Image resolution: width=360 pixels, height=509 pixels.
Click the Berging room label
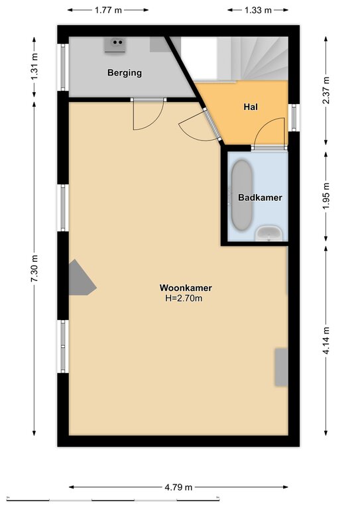(x=125, y=73)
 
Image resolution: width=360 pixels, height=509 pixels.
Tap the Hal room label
(x=251, y=107)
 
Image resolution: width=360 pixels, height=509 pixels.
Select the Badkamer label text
(x=260, y=198)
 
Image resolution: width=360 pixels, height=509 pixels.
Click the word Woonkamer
(x=186, y=288)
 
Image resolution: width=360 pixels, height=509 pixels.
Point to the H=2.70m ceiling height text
(x=184, y=298)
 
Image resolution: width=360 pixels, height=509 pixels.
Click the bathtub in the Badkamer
(x=242, y=195)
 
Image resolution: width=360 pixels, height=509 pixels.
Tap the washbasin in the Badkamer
(x=269, y=234)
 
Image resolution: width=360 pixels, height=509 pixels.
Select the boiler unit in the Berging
(x=115, y=45)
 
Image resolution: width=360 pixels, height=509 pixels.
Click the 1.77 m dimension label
(x=108, y=10)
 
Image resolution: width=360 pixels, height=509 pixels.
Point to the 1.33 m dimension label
(x=258, y=10)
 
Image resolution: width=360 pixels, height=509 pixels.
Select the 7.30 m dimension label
(x=34, y=269)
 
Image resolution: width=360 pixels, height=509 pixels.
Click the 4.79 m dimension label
(x=178, y=487)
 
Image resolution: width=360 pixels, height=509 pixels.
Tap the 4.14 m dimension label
(x=326, y=341)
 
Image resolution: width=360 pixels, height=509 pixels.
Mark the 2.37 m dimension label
(x=326, y=90)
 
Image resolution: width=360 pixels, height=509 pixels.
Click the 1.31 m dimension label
(x=34, y=66)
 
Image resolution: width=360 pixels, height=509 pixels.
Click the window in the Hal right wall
(x=294, y=117)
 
